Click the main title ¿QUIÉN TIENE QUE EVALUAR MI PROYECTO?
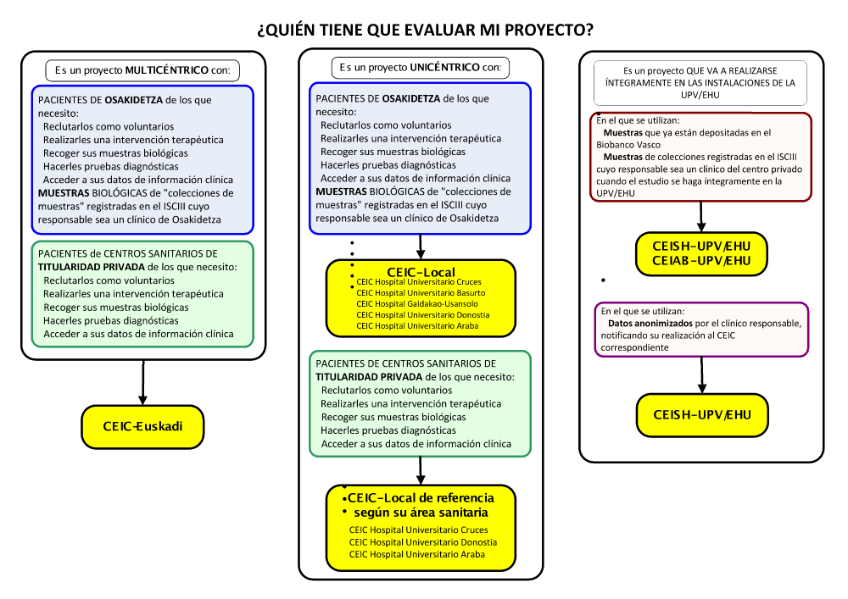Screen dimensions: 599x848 pos(424,31)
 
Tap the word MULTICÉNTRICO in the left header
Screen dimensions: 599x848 pos(167,70)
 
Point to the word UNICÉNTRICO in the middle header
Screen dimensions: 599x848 pos(444,67)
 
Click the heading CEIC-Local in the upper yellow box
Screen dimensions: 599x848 pos(421,271)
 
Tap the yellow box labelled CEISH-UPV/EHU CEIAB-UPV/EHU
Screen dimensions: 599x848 pos(701,253)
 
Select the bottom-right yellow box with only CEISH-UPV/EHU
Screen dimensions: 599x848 pos(701,414)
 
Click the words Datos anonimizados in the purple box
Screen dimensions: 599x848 pos(644,324)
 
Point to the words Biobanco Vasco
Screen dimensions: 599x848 pos(628,145)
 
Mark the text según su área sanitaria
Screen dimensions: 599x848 pos(421,513)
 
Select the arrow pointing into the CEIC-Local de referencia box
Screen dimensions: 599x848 pos(421,470)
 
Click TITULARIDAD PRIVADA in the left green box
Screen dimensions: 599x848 pos(88,266)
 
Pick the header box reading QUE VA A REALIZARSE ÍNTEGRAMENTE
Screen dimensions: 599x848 pos(700,83)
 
